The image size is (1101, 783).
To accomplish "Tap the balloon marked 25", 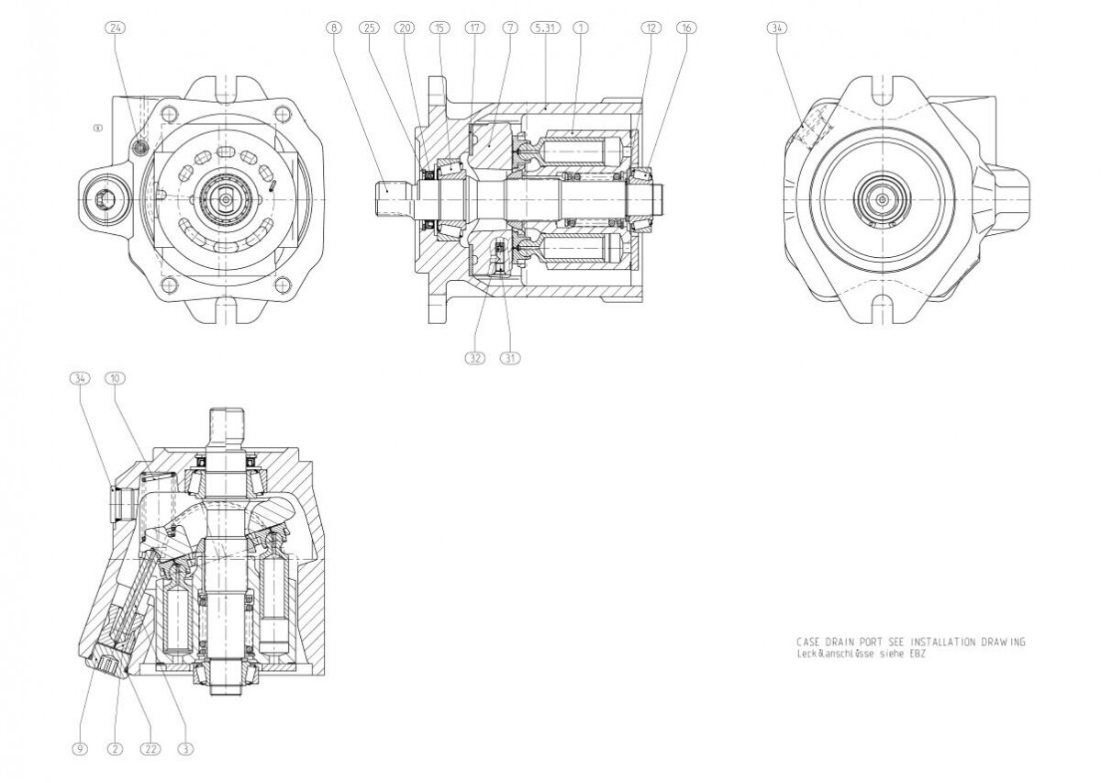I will [370, 28].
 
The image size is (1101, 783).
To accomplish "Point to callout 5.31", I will [544, 28].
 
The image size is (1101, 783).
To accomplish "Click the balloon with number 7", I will [507, 28].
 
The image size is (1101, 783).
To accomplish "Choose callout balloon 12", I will [651, 28].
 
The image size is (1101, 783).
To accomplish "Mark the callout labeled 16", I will [685, 28].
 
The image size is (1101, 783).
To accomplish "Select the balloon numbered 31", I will [508, 358].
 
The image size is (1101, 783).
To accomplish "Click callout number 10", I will [115, 377].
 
